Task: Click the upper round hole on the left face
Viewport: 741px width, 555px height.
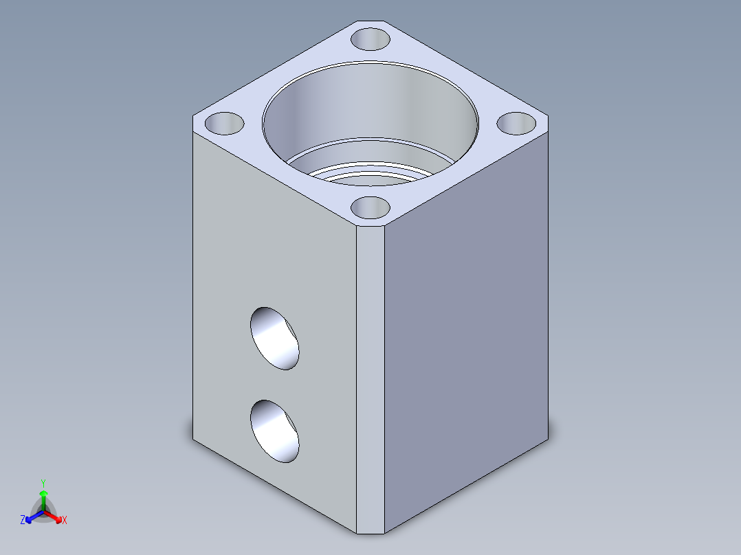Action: (x=275, y=338)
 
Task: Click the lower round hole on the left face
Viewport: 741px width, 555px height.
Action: (x=275, y=431)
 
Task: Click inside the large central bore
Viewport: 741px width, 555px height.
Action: (x=371, y=110)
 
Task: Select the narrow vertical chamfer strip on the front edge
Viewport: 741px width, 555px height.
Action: (x=370, y=378)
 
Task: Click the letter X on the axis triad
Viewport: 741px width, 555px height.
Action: (x=65, y=521)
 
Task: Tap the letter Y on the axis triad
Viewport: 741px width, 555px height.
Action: (x=43, y=483)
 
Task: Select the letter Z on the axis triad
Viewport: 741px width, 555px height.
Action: (x=23, y=521)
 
